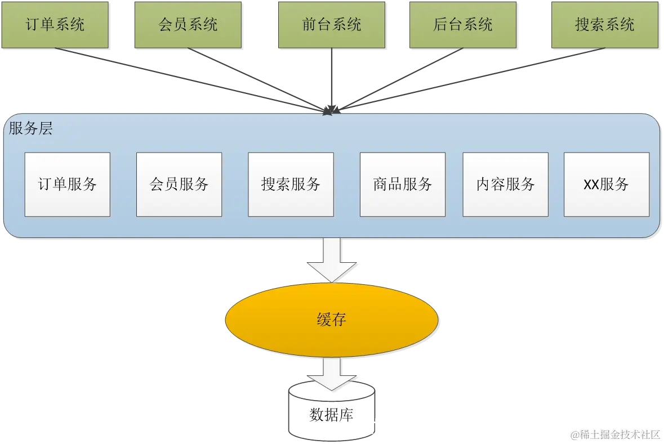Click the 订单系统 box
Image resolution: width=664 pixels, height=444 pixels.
point(55,25)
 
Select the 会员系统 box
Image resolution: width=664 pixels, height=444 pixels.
point(188,25)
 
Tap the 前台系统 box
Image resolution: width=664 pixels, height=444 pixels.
point(332,25)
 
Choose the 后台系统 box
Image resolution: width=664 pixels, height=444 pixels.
point(463,25)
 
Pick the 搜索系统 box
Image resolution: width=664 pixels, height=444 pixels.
point(605,25)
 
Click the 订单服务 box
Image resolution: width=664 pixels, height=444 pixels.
point(68,185)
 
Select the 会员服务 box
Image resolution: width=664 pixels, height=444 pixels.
point(179,185)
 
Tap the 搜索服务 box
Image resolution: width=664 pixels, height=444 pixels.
point(291,185)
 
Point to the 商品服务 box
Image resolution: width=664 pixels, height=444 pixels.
point(402,185)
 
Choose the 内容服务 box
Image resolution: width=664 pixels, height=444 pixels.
point(505,185)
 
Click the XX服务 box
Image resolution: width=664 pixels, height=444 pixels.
point(606,185)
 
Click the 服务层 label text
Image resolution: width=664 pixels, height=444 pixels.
point(31,129)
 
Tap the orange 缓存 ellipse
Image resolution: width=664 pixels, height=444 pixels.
point(332,320)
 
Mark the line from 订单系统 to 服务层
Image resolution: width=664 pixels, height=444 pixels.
point(186,79)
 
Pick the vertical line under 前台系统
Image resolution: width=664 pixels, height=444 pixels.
point(332,79)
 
